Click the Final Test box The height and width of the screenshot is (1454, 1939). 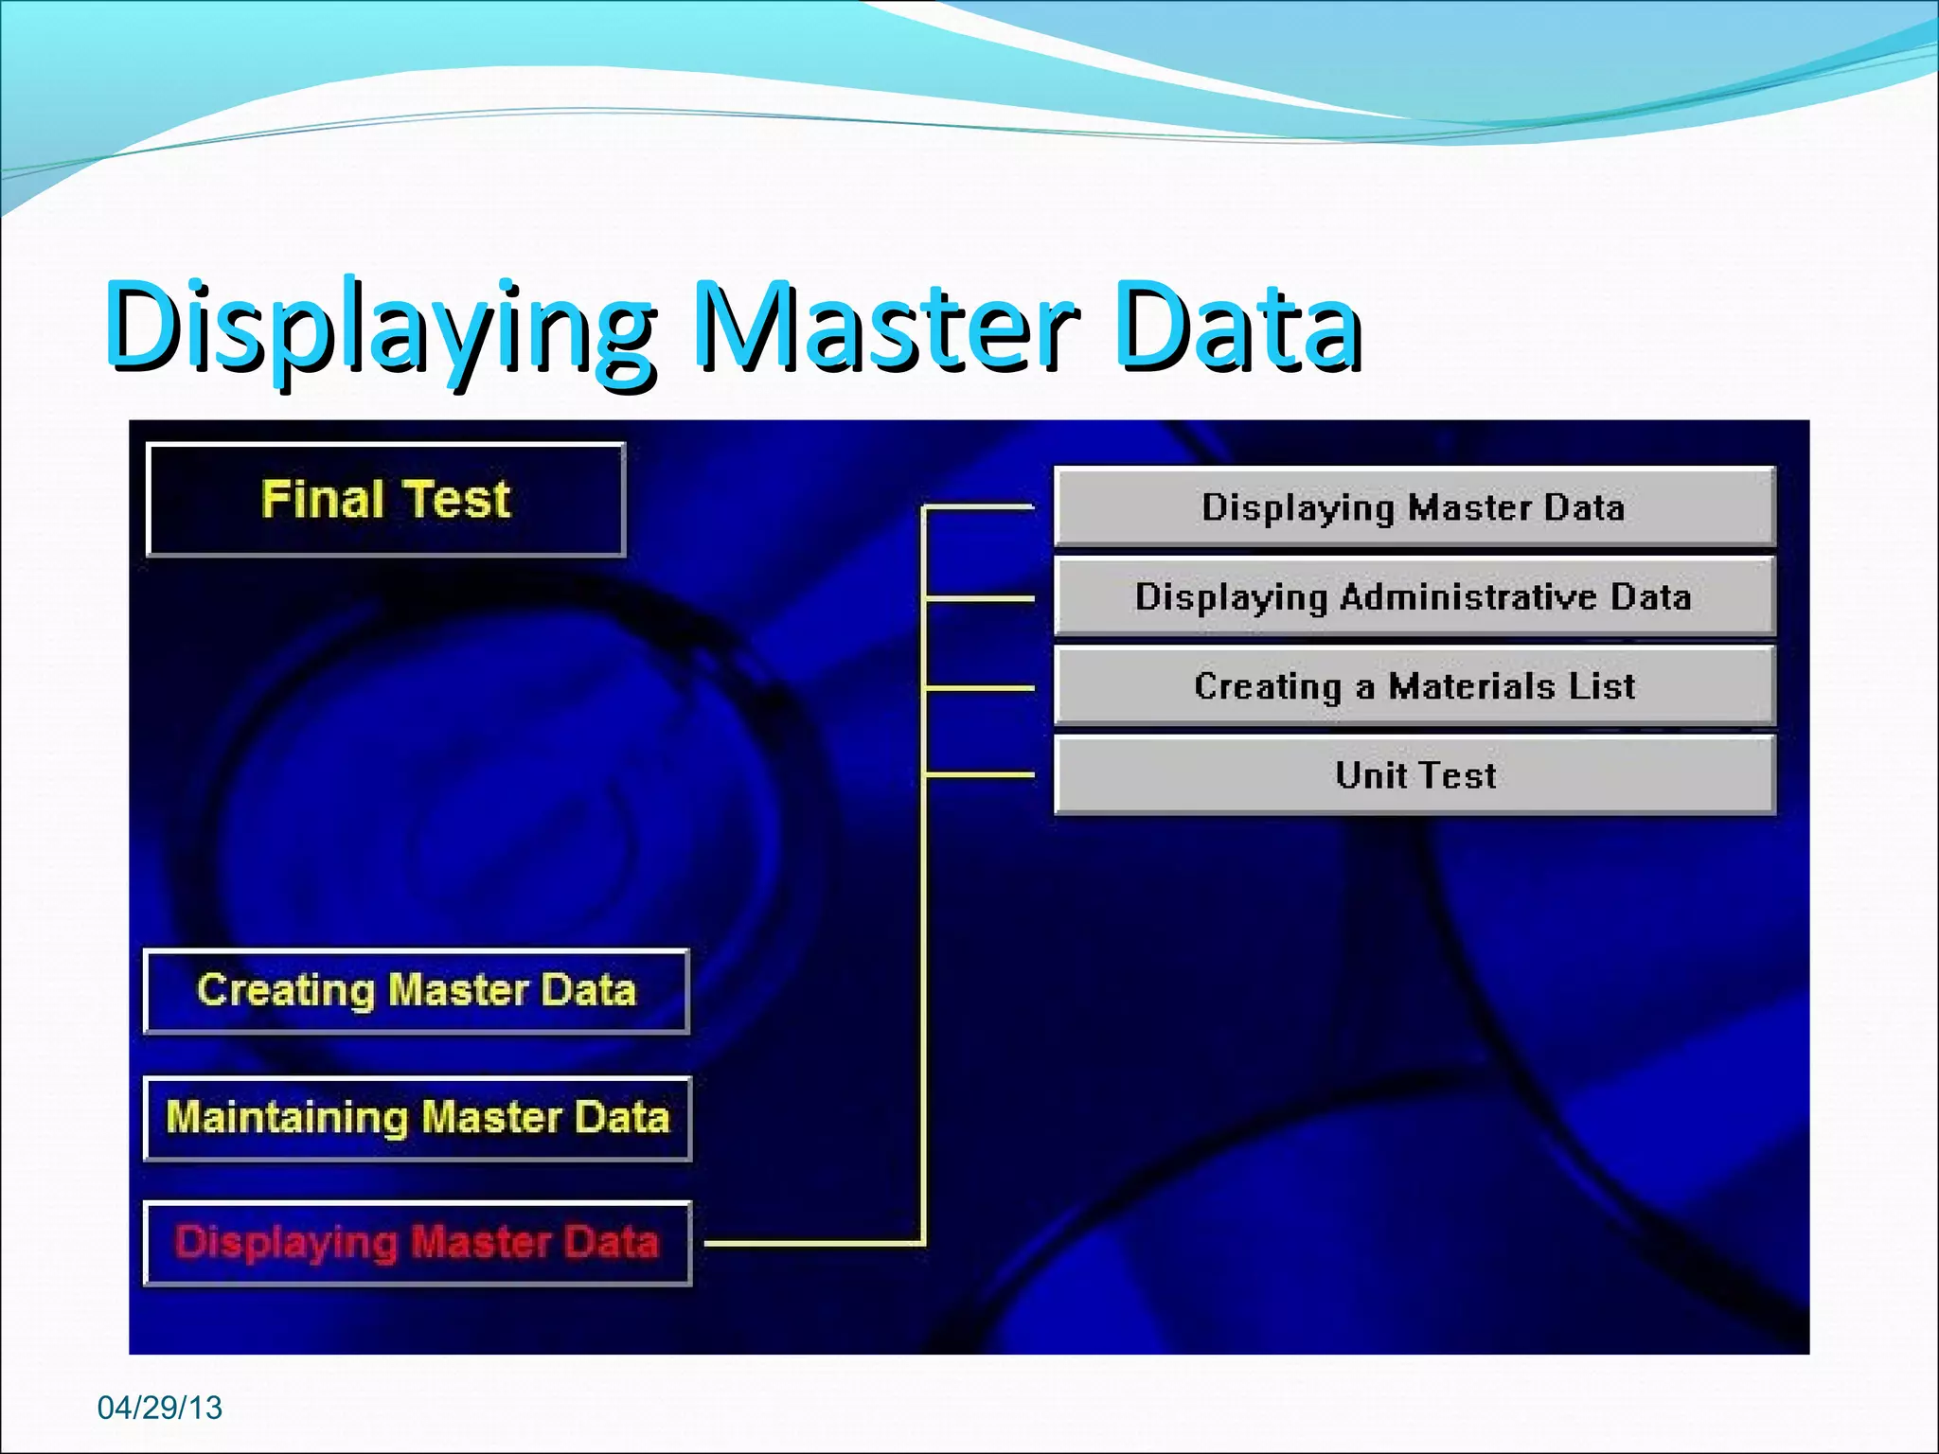pos(386,499)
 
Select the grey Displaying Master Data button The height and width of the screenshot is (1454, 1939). pos(1414,507)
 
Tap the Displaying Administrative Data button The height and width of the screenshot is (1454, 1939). pos(1414,597)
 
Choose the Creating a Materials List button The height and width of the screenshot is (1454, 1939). pos(1414,686)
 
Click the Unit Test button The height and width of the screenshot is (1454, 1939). pos(1414,775)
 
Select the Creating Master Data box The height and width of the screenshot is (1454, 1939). pos(417,991)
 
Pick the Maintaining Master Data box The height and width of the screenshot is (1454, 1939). pos(418,1118)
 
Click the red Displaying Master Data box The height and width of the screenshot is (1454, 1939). pos(418,1243)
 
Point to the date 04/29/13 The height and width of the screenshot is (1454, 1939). pos(159,1408)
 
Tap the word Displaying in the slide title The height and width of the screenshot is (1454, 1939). pos(379,327)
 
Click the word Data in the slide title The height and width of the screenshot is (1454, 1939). pos(1236,327)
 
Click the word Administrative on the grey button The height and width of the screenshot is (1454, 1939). pos(1468,597)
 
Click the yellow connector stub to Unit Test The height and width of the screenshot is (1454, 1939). pos(980,775)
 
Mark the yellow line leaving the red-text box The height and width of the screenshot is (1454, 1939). pos(814,1243)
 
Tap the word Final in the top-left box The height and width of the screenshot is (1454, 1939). pos(322,499)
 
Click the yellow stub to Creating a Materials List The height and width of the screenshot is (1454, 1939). pos(980,688)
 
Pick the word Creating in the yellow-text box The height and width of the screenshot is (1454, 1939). pos(286,991)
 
